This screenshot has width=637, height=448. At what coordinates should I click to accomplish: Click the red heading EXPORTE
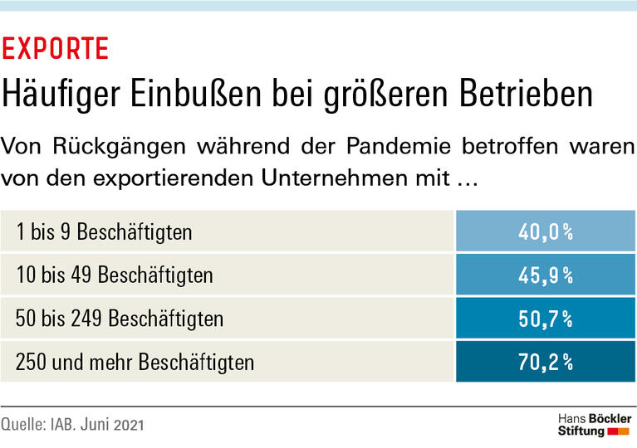point(56,49)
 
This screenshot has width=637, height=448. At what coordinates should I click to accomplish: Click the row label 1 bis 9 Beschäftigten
point(105,231)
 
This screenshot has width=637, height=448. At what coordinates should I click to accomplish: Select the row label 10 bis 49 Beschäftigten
point(115,275)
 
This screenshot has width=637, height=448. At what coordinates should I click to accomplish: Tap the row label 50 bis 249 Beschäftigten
point(120,319)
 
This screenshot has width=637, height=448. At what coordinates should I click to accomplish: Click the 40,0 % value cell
point(546,232)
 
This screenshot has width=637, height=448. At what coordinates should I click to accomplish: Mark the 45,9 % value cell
point(546,275)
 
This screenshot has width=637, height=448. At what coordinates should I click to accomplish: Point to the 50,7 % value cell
point(546,319)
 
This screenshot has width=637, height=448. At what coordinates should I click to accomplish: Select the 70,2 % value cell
point(546,363)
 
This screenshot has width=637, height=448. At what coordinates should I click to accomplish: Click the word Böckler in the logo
point(610,417)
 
